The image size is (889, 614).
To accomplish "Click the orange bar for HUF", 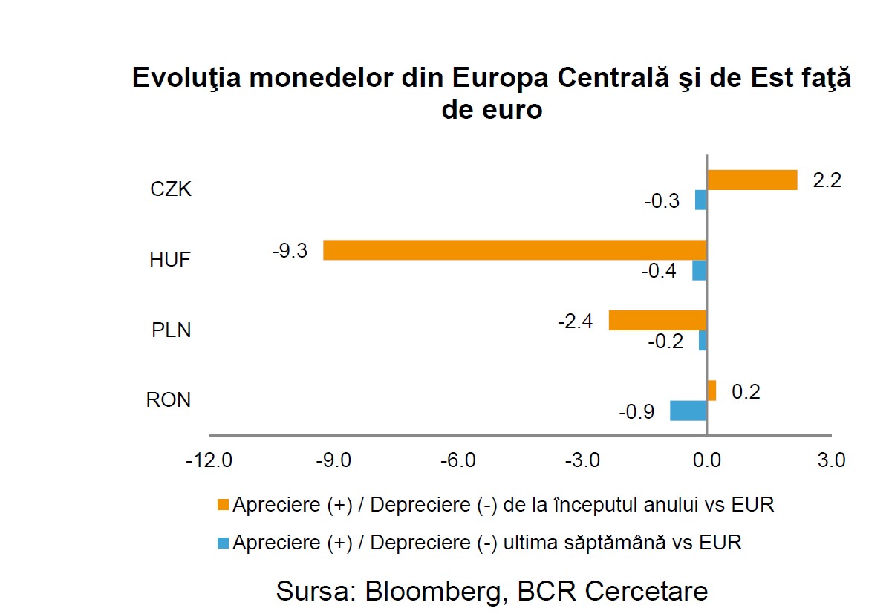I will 515,249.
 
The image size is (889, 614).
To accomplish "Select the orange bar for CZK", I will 752,180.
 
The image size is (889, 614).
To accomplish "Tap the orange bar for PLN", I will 657,320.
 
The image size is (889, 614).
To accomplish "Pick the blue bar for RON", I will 688,411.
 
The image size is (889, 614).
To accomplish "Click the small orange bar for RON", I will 711,391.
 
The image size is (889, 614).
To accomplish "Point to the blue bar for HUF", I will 700,270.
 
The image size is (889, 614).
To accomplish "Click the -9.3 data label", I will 290,251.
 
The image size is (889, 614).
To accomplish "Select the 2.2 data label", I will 827,180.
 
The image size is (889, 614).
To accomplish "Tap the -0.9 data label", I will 636,411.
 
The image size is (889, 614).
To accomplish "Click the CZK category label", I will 171,189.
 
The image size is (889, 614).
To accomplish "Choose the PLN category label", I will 171,330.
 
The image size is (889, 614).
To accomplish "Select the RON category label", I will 169,400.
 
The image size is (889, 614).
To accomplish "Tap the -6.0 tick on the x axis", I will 457,460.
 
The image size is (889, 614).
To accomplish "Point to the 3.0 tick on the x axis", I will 830,460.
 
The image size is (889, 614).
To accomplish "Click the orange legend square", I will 222,506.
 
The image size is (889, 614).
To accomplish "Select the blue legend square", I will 222,543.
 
